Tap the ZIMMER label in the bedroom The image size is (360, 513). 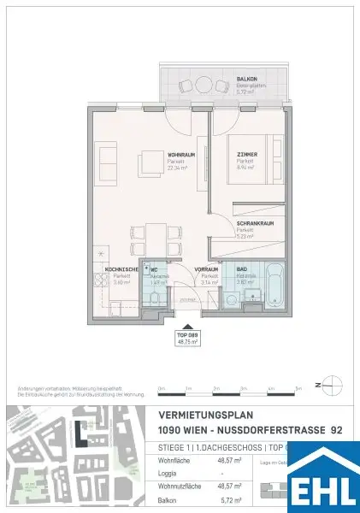pos(248,155)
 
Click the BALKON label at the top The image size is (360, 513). pos(246,79)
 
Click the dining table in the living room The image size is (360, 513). pos(155,233)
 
